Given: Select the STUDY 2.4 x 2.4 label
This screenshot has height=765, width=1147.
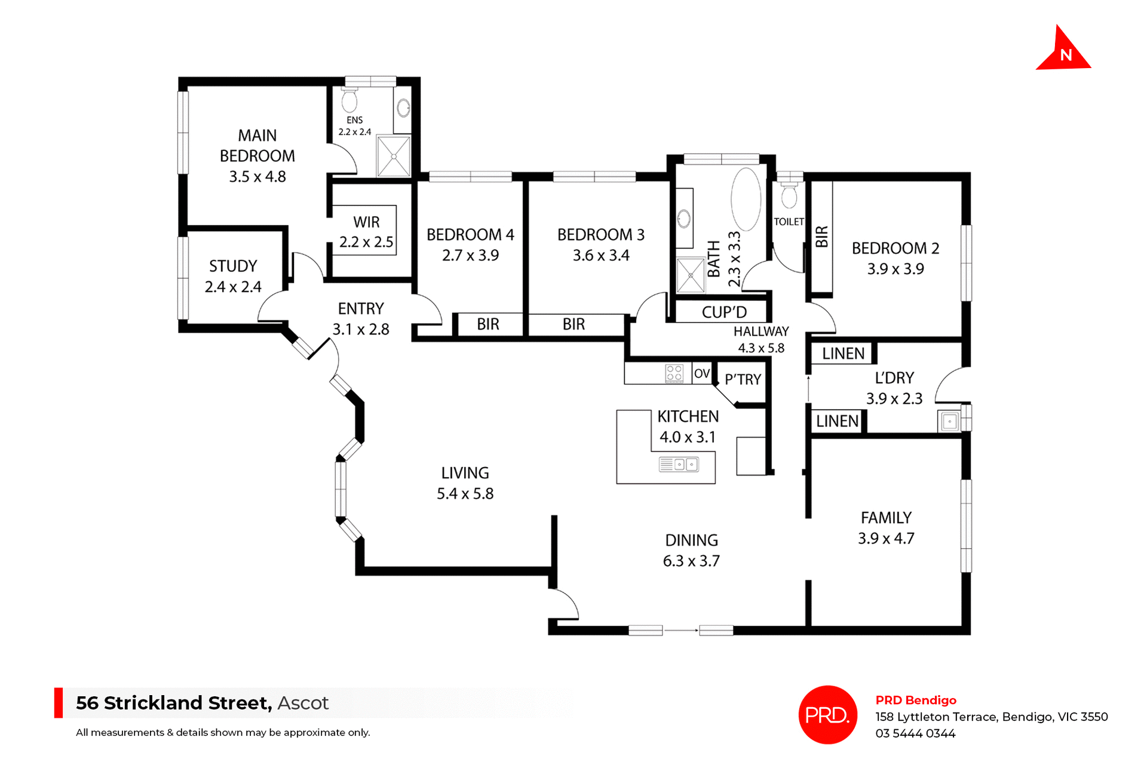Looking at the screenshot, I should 233,276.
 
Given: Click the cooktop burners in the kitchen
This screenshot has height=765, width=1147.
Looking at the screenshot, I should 674,373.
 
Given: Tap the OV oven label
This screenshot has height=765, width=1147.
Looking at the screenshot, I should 702,374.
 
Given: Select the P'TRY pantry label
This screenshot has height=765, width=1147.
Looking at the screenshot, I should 743,379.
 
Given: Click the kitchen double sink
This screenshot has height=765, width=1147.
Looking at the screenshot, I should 679,464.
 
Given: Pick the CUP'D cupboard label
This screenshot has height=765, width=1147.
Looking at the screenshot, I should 724,312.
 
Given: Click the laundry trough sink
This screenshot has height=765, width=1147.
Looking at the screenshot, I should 949,422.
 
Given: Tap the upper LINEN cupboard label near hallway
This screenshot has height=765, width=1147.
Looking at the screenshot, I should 843,354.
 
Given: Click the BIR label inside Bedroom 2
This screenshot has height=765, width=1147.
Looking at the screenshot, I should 822,237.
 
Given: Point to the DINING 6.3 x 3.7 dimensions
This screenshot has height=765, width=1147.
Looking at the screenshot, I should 691,561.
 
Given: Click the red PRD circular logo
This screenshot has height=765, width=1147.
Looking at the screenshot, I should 827,714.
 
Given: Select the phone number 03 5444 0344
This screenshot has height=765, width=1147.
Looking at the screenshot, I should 915,733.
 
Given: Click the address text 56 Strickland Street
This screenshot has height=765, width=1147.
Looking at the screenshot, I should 173,703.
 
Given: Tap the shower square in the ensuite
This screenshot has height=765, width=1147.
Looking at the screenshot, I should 394,156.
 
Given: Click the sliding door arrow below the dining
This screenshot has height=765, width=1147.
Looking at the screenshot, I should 681,630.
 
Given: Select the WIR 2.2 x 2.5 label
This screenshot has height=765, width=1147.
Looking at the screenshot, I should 366,232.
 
